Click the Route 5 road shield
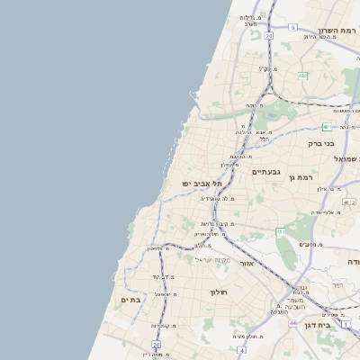click(292, 28)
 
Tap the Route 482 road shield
click(302, 76)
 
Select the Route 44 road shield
click(292, 321)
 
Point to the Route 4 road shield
click(241, 349)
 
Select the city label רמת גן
click(299, 178)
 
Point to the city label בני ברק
click(320, 143)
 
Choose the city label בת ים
click(130, 299)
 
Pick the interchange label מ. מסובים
click(311, 244)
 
